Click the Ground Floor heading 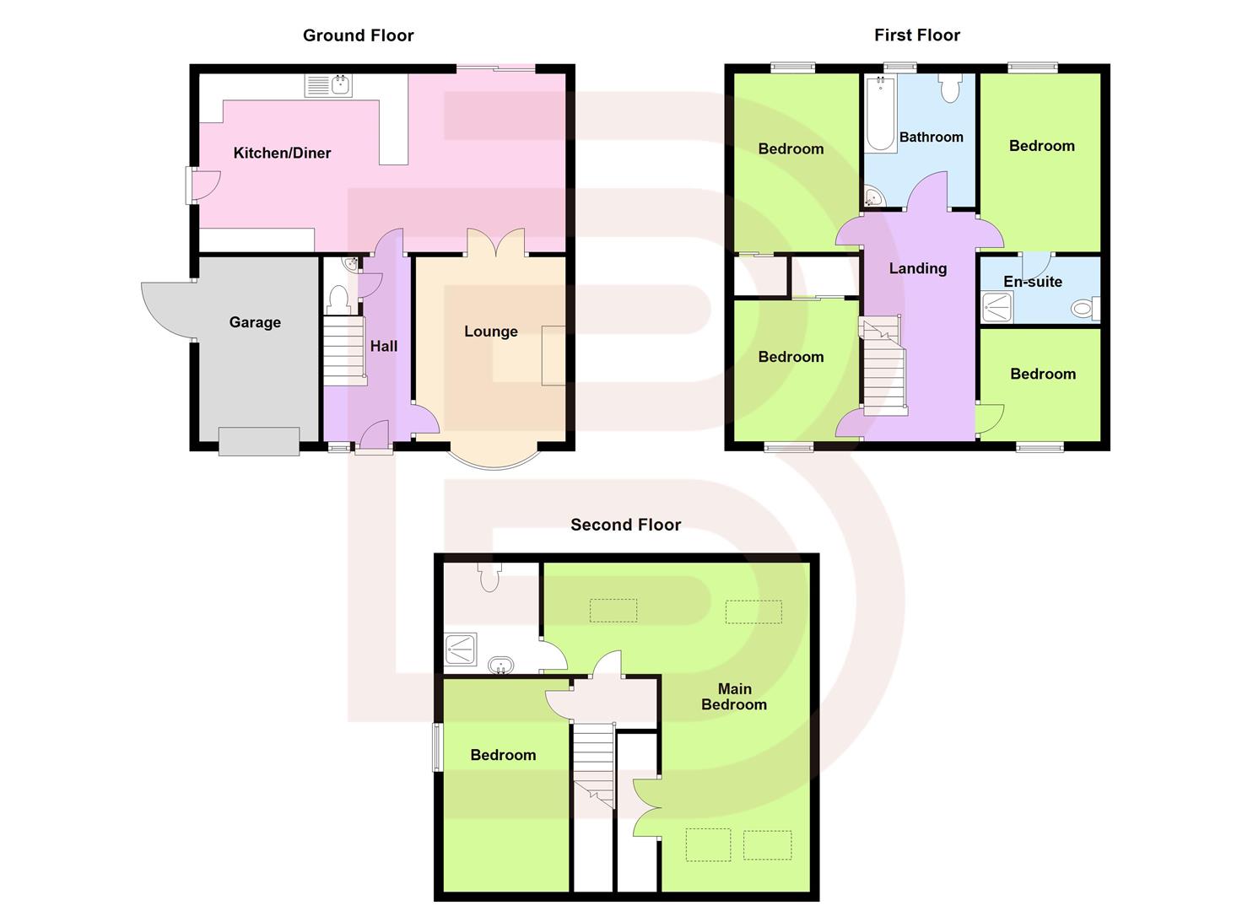point(358,35)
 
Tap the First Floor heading point(916,35)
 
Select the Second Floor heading point(625,525)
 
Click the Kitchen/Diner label point(282,153)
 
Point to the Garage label point(255,322)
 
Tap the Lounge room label point(490,332)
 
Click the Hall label point(383,346)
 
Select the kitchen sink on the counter point(329,85)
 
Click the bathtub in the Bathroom point(880,114)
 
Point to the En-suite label point(1032,282)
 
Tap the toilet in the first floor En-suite point(1085,309)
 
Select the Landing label point(917,268)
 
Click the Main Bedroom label point(734,697)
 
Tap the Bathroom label point(931,137)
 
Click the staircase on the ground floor point(343,348)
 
